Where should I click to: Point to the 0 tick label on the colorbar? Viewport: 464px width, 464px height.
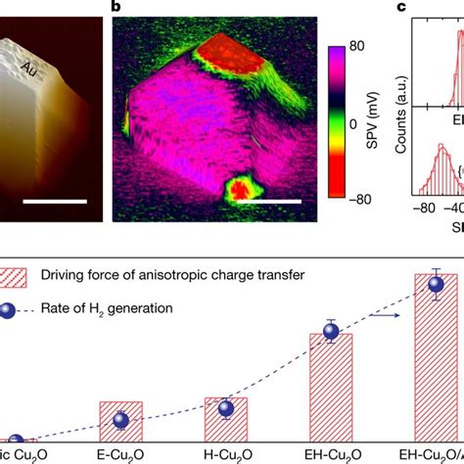pyautogui.click(x=352, y=125)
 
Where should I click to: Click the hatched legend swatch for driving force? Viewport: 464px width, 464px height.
pyautogui.click(x=21, y=278)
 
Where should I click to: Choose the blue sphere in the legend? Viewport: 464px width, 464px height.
pyautogui.click(x=20, y=308)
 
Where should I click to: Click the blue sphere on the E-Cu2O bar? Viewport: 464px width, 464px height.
pyautogui.click(x=120, y=420)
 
